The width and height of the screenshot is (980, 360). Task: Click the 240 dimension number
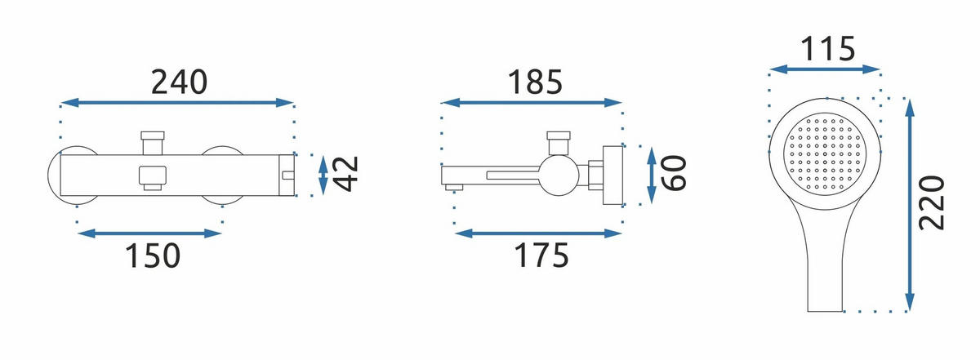(x=179, y=82)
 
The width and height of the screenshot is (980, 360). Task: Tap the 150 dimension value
(x=153, y=256)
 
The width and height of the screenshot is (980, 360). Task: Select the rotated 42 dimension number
(x=345, y=174)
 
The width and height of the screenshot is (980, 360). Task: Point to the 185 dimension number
(x=535, y=82)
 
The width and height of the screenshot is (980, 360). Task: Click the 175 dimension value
(x=541, y=256)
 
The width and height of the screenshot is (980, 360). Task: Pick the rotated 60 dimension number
(x=674, y=173)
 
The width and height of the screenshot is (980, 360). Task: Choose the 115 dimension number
(x=827, y=48)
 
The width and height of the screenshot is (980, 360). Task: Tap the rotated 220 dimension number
(x=932, y=203)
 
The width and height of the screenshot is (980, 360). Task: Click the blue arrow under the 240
(x=177, y=103)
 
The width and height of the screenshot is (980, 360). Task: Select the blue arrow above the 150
(x=149, y=233)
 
